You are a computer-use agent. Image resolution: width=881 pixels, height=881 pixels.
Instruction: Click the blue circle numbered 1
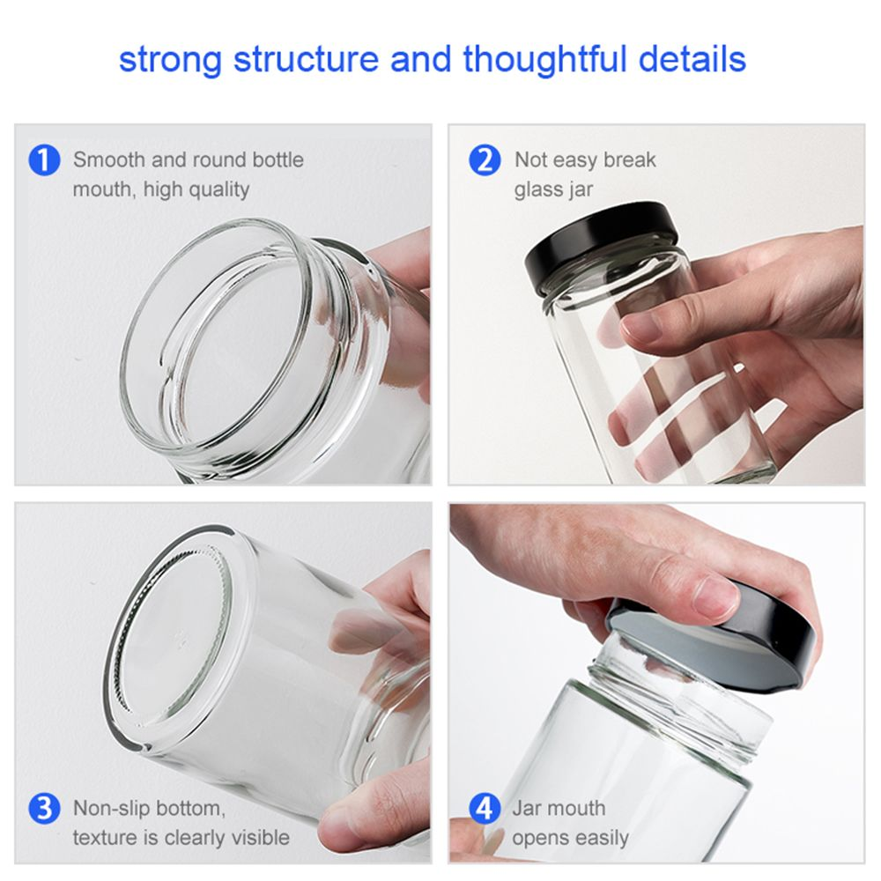coord(44,160)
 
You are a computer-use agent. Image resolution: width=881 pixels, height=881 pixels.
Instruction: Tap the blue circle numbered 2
coord(485,160)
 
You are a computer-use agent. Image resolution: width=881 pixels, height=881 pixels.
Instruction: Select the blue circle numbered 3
coord(44,809)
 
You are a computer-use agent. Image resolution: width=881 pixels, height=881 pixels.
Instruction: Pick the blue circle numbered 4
coord(485,809)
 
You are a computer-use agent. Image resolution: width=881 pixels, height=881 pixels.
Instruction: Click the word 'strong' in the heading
coord(171,61)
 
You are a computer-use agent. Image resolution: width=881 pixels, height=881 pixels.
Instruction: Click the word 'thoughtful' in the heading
coord(544,60)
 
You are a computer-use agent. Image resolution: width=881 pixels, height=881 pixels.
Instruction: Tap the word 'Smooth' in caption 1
coord(109,159)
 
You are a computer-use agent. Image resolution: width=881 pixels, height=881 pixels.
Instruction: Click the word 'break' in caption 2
coord(629,159)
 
